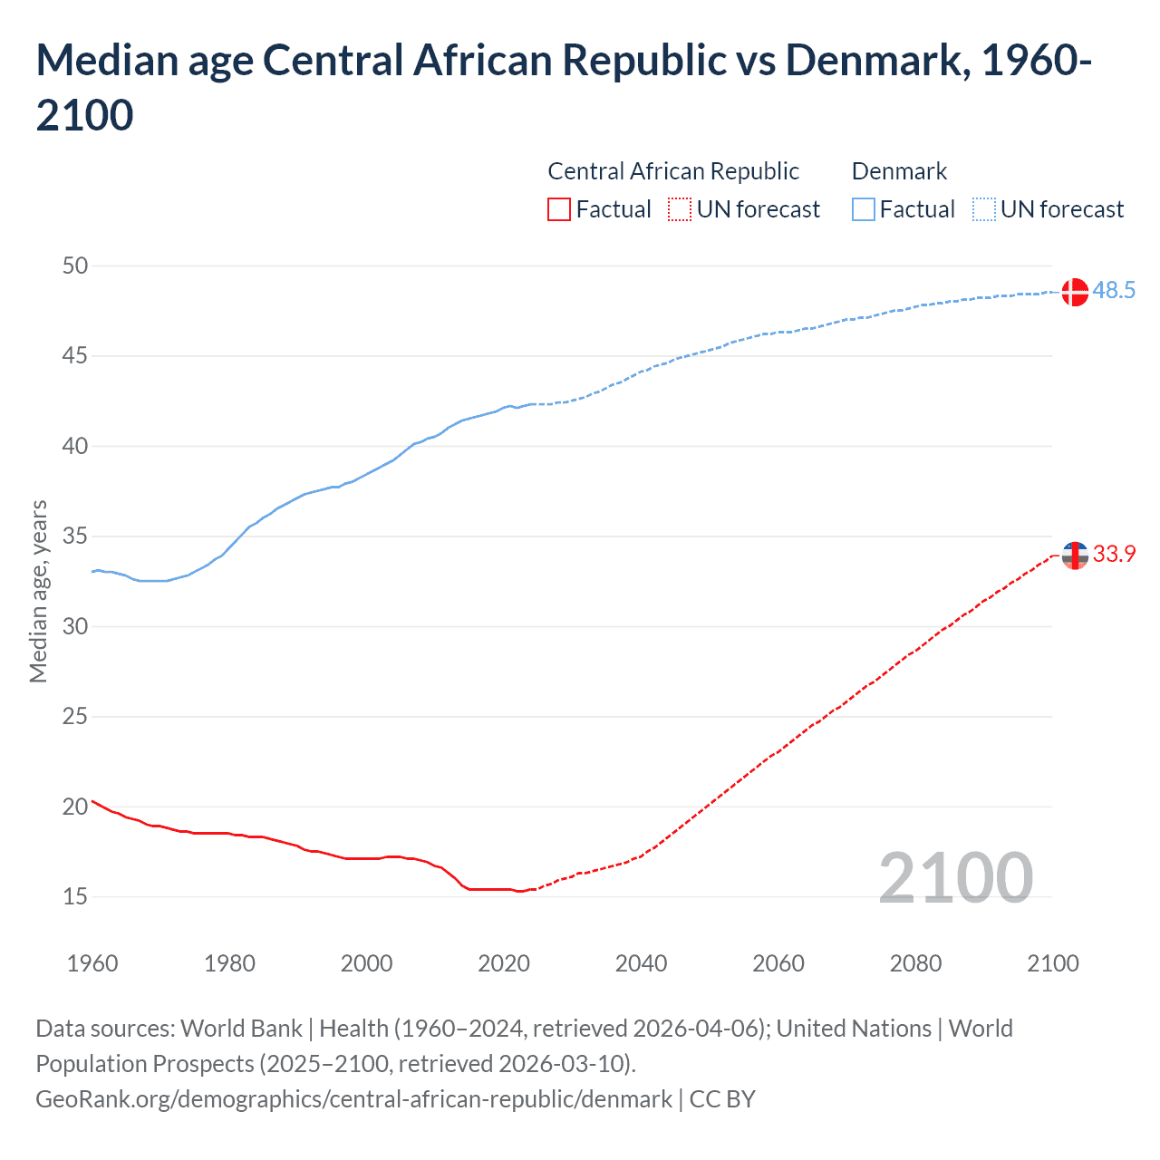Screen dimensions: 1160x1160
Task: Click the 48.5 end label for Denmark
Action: (x=1114, y=291)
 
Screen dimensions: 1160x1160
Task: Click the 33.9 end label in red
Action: (x=1114, y=555)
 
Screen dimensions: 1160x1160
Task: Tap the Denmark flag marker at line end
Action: (x=1075, y=293)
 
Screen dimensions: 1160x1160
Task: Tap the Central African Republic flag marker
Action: (x=1075, y=556)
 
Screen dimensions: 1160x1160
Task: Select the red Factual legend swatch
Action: (x=559, y=210)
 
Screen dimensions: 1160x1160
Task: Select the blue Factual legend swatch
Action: (x=864, y=210)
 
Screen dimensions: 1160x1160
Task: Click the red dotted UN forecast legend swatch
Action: (x=680, y=210)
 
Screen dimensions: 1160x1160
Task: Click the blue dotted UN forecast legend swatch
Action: (x=984, y=210)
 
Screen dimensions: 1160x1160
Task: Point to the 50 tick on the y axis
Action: (x=75, y=266)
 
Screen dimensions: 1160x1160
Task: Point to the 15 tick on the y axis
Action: (x=75, y=896)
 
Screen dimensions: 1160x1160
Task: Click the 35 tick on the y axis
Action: (x=75, y=536)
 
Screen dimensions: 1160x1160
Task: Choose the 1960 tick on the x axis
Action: (x=92, y=963)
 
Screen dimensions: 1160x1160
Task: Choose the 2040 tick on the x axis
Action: (x=641, y=963)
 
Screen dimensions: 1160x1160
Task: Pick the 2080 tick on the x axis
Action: (x=915, y=963)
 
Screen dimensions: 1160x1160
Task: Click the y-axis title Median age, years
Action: (x=38, y=591)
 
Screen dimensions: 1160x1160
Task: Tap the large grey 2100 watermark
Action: (x=955, y=878)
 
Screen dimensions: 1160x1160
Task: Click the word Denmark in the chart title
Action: (x=873, y=61)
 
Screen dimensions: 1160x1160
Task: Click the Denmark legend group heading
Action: (x=899, y=171)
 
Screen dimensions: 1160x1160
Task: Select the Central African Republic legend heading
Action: (x=673, y=171)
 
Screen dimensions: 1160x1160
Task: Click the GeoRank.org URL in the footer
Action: (x=353, y=1099)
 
